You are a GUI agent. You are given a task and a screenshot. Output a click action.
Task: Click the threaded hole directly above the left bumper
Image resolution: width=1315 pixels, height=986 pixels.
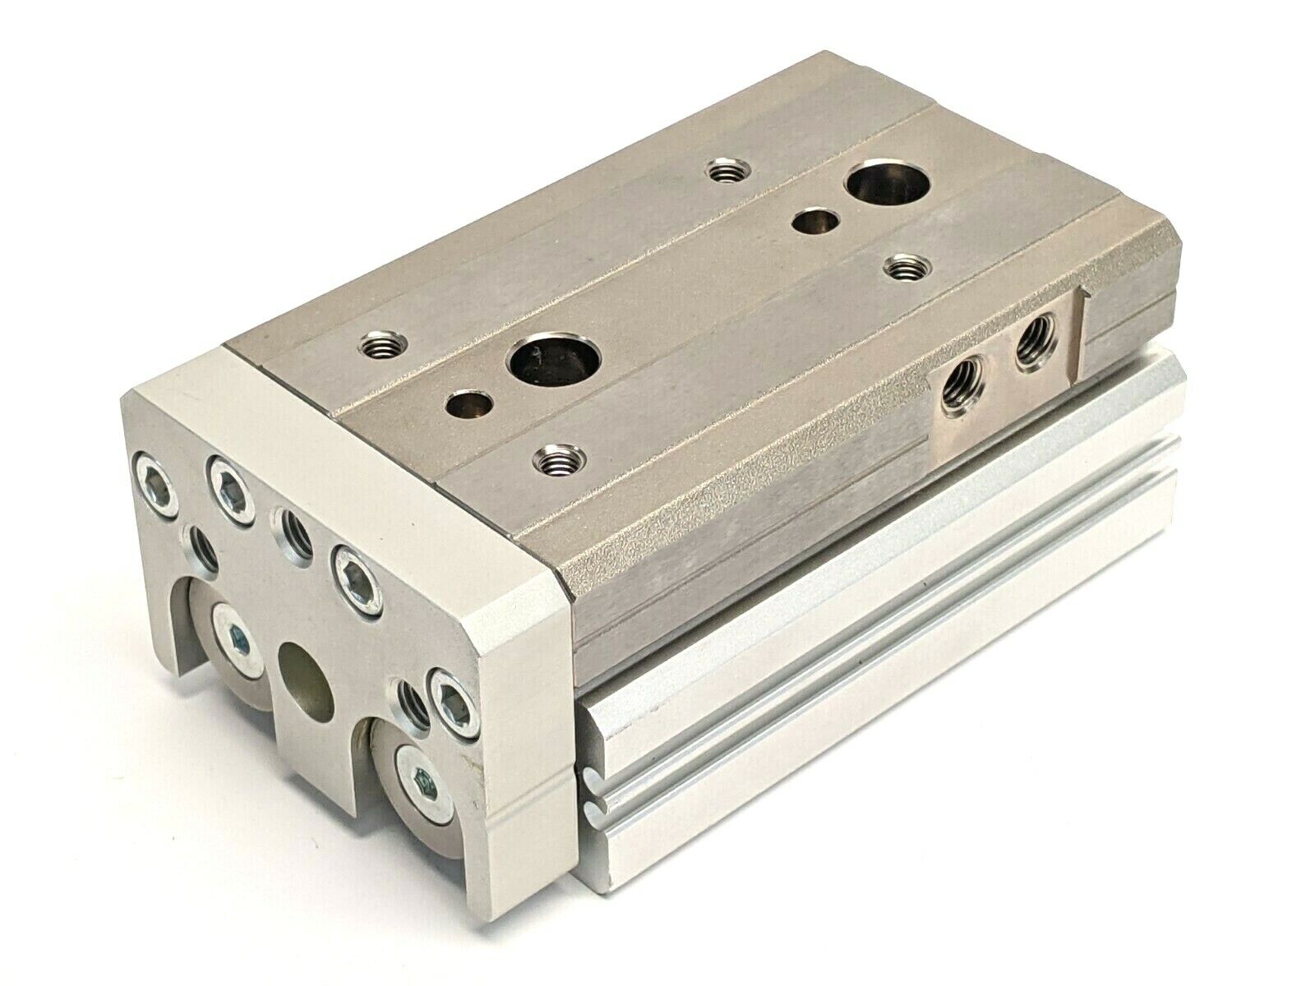(203, 545)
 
